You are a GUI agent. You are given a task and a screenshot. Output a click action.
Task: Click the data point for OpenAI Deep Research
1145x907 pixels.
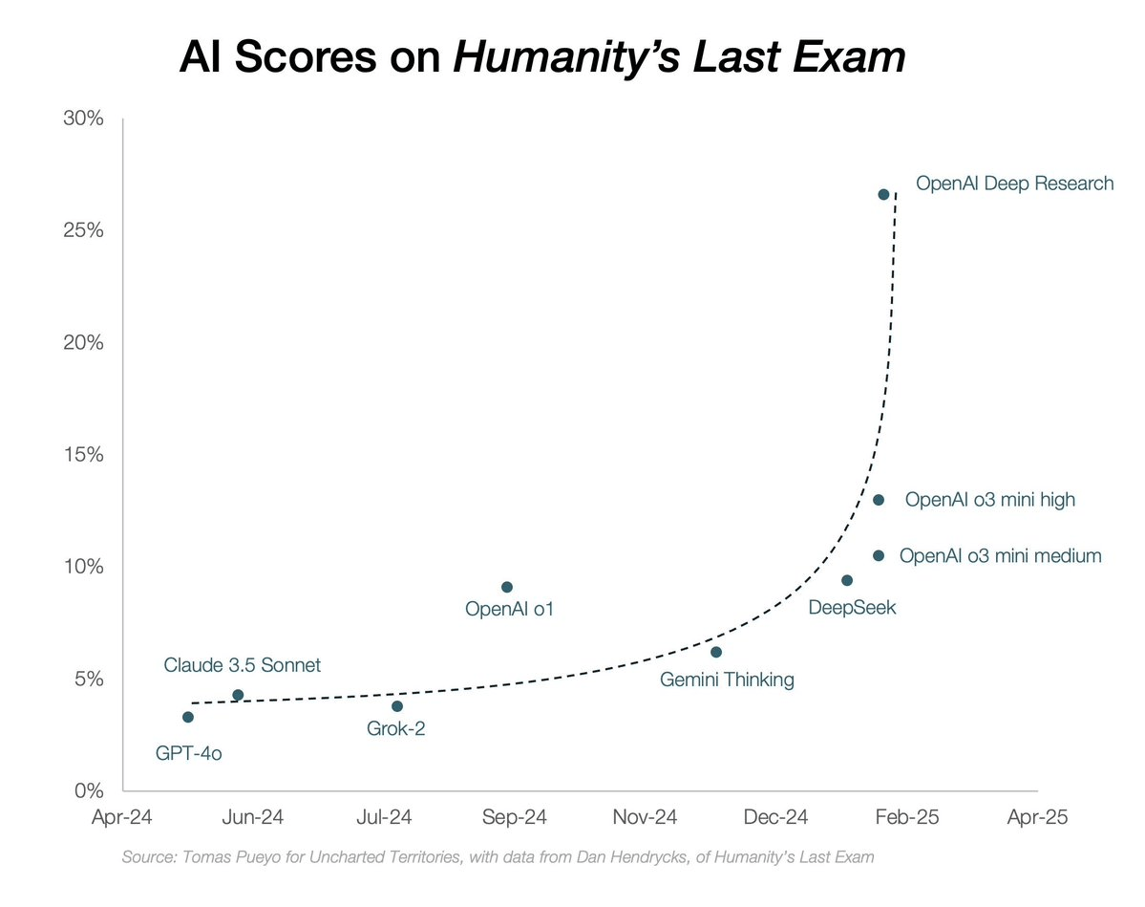click(x=883, y=194)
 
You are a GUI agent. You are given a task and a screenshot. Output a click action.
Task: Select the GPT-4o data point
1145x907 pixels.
click(x=188, y=717)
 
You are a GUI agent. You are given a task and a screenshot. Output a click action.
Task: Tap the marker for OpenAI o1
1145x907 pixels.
click(x=507, y=587)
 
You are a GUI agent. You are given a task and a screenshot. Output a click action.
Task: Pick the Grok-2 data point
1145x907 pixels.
click(x=397, y=706)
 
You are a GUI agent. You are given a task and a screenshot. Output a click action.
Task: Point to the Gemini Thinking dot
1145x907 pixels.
click(x=716, y=652)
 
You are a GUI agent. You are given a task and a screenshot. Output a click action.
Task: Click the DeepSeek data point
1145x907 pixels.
click(x=847, y=580)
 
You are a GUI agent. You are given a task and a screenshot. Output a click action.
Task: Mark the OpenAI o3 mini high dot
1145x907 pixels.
click(x=879, y=500)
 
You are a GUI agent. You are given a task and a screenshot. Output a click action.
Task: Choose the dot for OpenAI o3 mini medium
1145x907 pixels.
click(x=879, y=555)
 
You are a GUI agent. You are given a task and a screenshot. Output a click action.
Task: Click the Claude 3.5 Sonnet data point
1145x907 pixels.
click(x=238, y=695)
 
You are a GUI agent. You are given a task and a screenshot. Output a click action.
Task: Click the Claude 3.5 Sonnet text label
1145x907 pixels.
click(x=243, y=665)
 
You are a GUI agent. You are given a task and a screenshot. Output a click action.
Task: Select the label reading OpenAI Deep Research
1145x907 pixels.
click(x=1014, y=183)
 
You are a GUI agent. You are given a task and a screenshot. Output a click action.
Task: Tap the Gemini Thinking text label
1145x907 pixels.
click(x=727, y=680)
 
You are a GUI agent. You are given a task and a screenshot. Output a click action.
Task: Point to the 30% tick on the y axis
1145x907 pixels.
click(x=83, y=119)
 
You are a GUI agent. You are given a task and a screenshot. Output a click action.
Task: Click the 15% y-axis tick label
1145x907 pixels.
click(x=83, y=455)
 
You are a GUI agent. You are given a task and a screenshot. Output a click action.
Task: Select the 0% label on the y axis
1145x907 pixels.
click(x=88, y=791)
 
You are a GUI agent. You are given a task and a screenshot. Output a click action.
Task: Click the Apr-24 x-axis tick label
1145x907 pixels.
click(x=123, y=818)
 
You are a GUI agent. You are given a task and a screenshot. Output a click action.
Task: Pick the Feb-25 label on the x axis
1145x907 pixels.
click(x=906, y=818)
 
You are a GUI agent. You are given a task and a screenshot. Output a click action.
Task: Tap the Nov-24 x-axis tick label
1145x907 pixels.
click(x=645, y=818)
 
